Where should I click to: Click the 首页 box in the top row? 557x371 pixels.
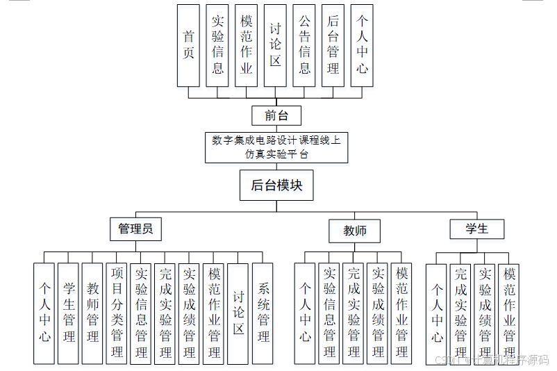(x=188, y=45)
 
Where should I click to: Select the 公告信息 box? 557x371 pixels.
(x=304, y=45)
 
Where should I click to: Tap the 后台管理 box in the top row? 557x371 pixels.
(x=333, y=45)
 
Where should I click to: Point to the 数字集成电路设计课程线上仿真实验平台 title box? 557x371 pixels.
(x=276, y=147)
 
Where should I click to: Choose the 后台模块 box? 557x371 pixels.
(x=276, y=185)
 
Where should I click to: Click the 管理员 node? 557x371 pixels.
(x=135, y=229)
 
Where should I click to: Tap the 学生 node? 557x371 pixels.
(x=476, y=229)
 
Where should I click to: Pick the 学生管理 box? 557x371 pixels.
(x=68, y=313)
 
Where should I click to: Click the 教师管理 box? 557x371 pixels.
(x=92, y=313)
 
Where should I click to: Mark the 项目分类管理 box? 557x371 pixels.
(x=117, y=313)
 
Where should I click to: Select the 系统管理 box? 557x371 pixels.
(x=263, y=313)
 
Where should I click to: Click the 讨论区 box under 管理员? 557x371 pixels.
(x=238, y=313)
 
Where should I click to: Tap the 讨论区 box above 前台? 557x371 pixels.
(x=275, y=45)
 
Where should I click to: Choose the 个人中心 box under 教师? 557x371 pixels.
(x=305, y=313)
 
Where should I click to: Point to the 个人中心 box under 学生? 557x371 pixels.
(x=436, y=314)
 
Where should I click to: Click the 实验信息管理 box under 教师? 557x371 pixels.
(x=329, y=313)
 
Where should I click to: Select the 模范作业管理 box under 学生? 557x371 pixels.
(x=509, y=314)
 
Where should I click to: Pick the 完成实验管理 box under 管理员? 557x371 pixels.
(x=165, y=313)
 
